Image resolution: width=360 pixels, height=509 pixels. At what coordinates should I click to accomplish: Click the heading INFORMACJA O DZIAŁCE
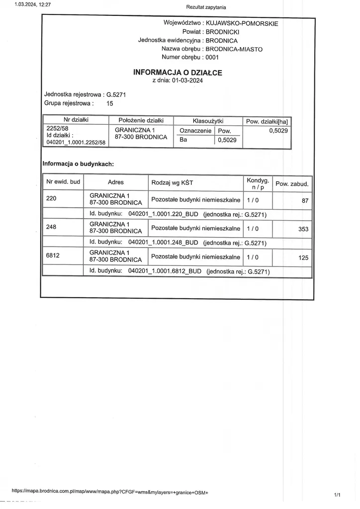(x=178, y=73)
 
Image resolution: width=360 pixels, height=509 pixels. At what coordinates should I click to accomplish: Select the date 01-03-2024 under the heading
(x=187, y=81)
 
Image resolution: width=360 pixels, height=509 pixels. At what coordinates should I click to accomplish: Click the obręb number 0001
(x=212, y=57)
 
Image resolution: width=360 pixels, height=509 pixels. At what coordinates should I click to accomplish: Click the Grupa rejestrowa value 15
(x=110, y=104)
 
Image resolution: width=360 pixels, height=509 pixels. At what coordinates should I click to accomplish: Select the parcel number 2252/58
(x=57, y=128)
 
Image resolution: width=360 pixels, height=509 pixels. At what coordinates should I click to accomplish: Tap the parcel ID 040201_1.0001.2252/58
(x=76, y=142)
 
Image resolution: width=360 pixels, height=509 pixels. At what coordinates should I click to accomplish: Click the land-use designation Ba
(x=183, y=140)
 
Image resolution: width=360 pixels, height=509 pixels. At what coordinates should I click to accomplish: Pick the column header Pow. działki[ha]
(x=267, y=121)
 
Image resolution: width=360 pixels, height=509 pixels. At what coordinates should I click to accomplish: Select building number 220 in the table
(x=51, y=198)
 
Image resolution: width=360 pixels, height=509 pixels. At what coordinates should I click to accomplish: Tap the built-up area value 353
(x=303, y=229)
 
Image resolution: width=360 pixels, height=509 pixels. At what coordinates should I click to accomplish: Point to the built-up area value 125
(x=303, y=258)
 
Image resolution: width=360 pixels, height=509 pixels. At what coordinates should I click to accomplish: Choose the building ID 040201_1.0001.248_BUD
(x=163, y=243)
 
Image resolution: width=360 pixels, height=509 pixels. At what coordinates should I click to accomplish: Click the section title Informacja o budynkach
(x=79, y=163)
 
